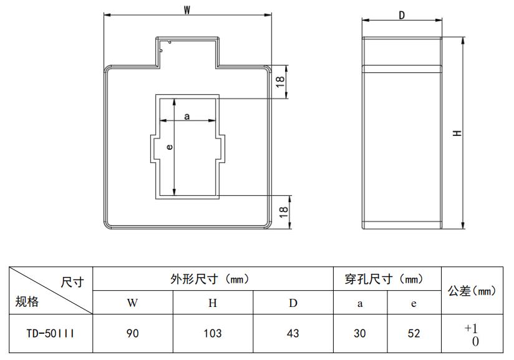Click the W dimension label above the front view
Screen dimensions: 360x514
click(x=187, y=9)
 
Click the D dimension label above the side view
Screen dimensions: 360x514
click(x=402, y=16)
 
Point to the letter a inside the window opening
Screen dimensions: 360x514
click(x=187, y=116)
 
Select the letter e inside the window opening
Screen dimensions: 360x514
click(x=169, y=147)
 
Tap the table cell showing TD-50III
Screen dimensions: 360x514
click(x=51, y=333)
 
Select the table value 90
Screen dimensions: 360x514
click(x=132, y=333)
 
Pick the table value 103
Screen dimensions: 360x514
click(x=213, y=333)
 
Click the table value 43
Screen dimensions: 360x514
click(x=293, y=333)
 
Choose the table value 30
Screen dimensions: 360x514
click(x=360, y=333)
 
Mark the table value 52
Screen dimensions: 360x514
click(x=414, y=333)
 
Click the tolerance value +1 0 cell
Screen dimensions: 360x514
click(x=472, y=334)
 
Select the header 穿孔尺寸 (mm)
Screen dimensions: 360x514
click(x=387, y=279)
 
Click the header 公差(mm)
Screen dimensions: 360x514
click(x=472, y=290)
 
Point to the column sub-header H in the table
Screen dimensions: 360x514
click(x=213, y=303)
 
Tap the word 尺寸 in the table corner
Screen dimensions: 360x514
click(x=72, y=281)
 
